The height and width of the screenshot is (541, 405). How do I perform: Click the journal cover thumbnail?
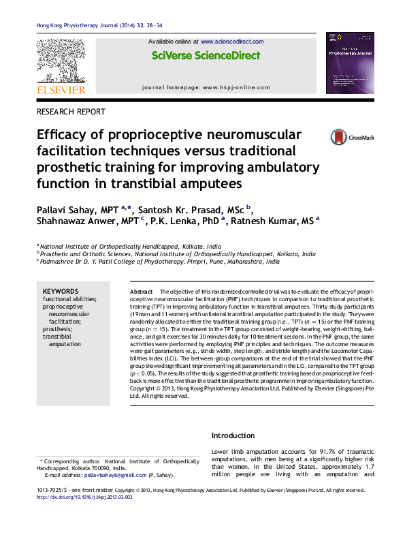point(350,63)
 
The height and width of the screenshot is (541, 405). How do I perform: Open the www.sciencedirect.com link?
point(232,42)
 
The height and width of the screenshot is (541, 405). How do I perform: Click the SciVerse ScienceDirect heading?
point(206,56)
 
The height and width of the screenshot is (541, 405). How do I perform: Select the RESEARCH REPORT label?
point(71,112)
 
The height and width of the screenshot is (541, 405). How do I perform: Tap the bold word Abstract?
point(141,291)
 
